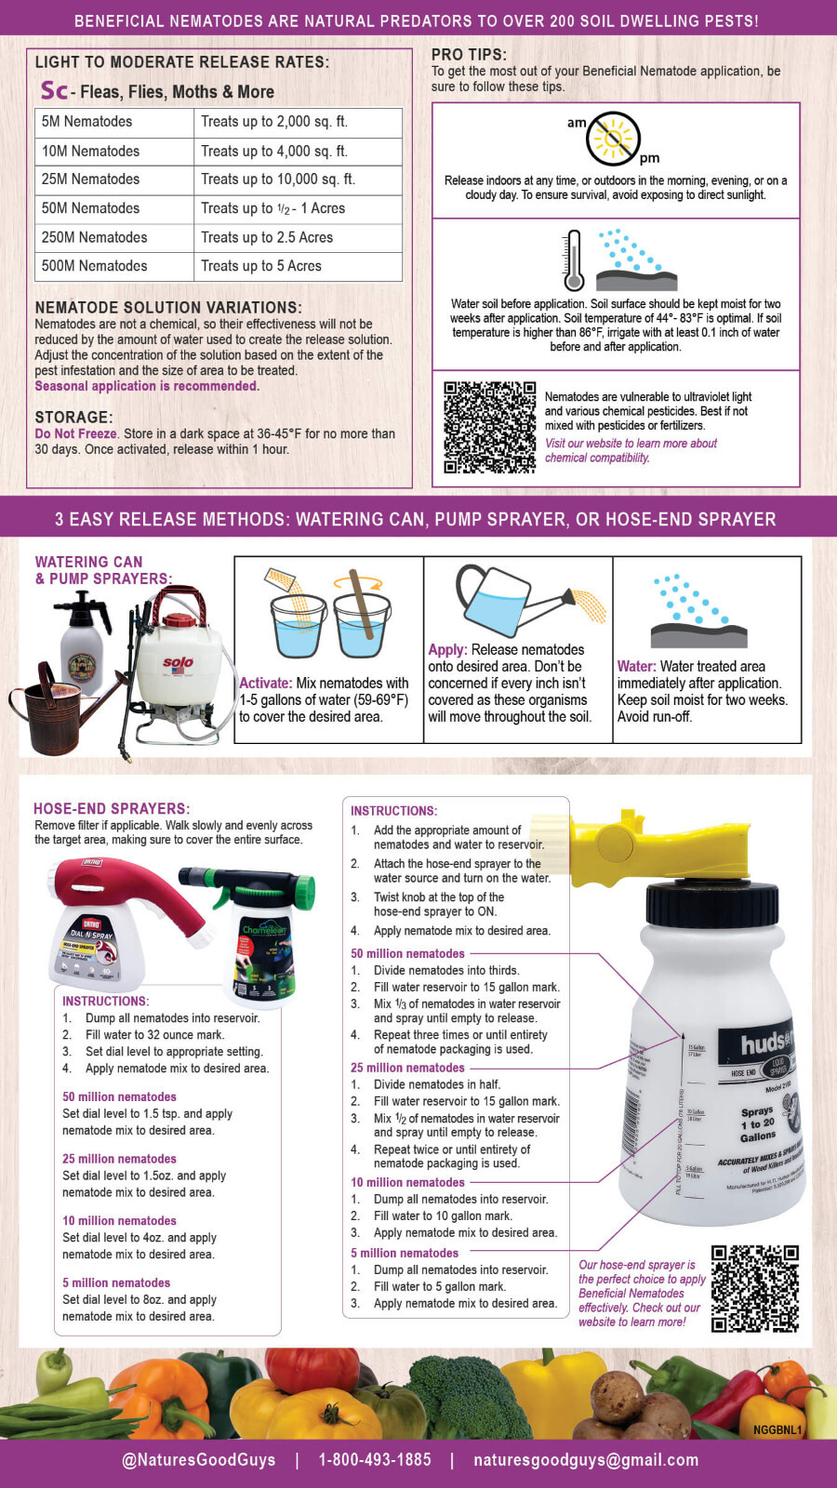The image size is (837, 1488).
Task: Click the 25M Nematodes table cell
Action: click(91, 179)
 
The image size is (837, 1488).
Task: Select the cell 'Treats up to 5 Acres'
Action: click(261, 266)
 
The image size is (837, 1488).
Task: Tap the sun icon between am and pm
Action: click(613, 139)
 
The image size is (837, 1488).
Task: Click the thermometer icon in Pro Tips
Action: click(573, 261)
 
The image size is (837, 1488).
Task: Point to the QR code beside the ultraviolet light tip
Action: click(489, 428)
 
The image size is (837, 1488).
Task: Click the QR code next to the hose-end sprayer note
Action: click(755, 1289)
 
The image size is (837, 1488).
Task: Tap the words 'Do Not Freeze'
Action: click(76, 433)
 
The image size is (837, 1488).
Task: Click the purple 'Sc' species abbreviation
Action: click(54, 90)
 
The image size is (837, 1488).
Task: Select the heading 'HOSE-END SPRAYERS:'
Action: click(112, 809)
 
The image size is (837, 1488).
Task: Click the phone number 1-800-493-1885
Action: click(375, 1460)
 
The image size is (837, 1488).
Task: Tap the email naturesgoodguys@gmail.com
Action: click(586, 1460)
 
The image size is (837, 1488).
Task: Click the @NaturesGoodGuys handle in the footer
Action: click(198, 1460)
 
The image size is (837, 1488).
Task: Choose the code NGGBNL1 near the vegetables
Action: click(777, 1430)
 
